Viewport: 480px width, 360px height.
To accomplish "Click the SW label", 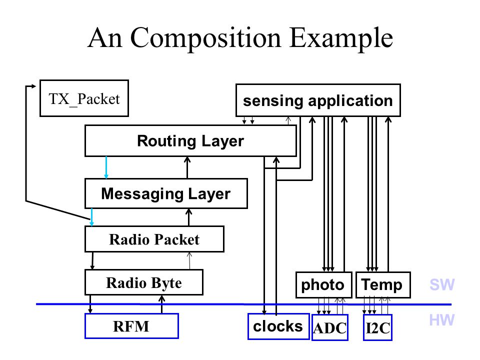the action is point(442,284).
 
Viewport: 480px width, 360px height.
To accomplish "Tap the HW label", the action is point(442,320).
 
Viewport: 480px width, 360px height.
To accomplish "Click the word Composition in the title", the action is point(205,38).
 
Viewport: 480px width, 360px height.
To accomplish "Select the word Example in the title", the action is point(341,38).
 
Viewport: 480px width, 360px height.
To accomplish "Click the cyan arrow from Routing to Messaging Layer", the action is point(106,167).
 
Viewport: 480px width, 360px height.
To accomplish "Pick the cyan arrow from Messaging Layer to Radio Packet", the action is point(91,217).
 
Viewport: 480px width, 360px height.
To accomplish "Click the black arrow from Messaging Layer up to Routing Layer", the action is point(187,167).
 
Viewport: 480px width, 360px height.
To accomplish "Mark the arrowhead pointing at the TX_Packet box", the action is point(34,86).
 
